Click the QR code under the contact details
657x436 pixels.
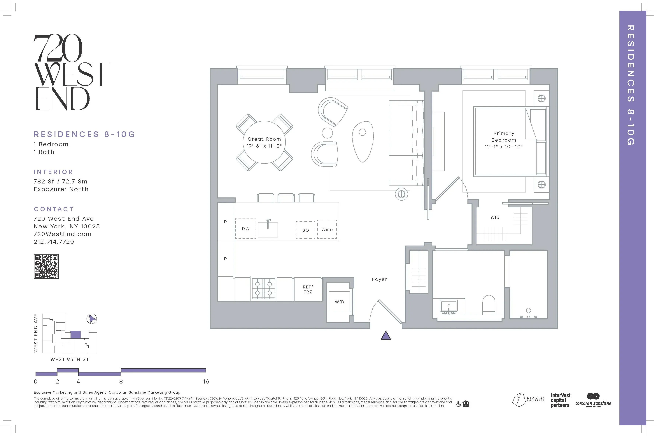[46, 266]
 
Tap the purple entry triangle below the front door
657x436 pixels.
[386, 336]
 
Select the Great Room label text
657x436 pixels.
[264, 139]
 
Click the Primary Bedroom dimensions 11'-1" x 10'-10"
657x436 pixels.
[504, 147]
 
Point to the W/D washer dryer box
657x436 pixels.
[339, 302]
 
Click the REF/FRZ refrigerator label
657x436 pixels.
[308, 289]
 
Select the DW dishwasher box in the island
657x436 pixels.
[246, 229]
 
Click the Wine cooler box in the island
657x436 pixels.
[327, 229]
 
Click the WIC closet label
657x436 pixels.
[495, 217]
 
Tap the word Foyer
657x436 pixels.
[379, 279]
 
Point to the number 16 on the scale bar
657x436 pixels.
[206, 381]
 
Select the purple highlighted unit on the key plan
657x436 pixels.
[75, 335]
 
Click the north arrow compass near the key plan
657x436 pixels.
[92, 319]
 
